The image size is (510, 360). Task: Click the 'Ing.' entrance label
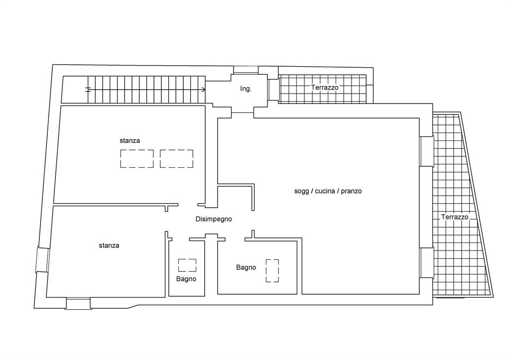coord(246,89)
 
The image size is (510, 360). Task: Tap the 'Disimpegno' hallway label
coord(214,219)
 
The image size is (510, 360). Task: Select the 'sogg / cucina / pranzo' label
coord(328,191)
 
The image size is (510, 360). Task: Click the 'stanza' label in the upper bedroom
coord(130,140)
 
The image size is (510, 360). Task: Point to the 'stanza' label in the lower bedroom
coord(109,245)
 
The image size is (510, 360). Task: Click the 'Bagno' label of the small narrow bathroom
coord(186,279)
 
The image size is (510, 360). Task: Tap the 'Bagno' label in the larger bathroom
coord(246,267)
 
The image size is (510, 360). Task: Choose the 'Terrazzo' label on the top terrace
coord(325,87)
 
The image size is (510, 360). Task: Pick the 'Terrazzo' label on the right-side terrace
coord(455,217)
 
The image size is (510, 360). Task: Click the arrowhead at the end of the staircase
coord(204,90)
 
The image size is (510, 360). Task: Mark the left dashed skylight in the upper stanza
coord(137,159)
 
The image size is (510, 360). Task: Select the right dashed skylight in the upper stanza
coord(177,159)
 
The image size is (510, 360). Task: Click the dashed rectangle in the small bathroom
coord(187,265)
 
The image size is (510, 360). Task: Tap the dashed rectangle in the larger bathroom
coord(272,270)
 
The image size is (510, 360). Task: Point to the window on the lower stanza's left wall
coord(42,260)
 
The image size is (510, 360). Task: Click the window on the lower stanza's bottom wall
coord(78,303)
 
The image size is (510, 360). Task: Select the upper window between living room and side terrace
coord(426,151)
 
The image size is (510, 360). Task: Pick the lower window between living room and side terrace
coord(426,263)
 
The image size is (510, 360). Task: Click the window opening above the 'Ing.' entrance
coord(246,70)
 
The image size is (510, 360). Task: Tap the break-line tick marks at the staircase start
coord(88,90)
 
